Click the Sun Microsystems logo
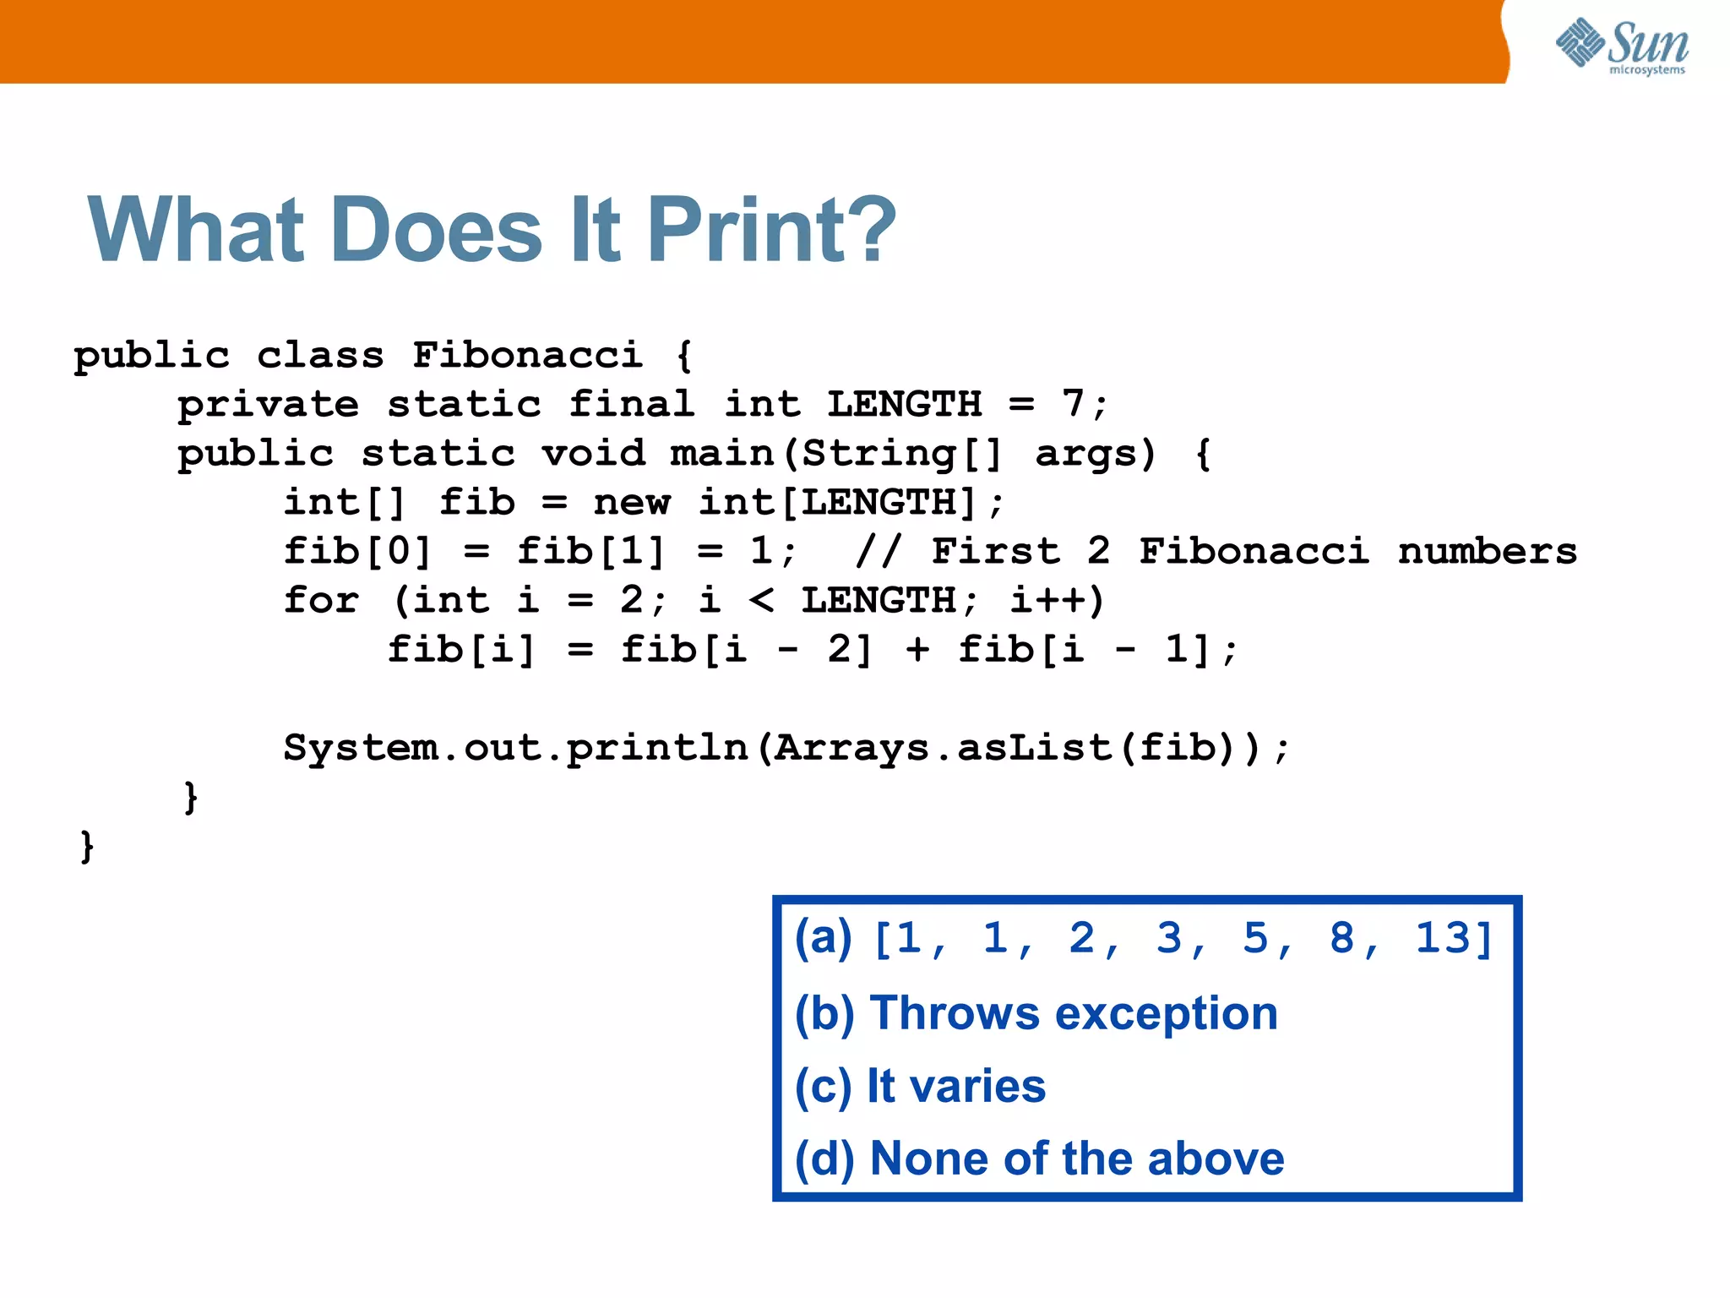coord(1622,46)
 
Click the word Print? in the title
coord(771,230)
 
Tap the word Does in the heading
coord(437,230)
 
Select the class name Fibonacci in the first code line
coord(527,355)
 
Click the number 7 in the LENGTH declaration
coord(1073,404)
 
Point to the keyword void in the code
coord(593,453)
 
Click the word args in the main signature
coord(1095,455)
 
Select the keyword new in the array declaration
coord(631,503)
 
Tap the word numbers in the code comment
coord(1487,552)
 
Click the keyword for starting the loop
coord(321,600)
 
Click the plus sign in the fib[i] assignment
coord(917,650)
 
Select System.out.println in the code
coord(515,749)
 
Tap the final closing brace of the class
coord(86,846)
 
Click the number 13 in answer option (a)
coord(1443,938)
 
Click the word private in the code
coord(268,405)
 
